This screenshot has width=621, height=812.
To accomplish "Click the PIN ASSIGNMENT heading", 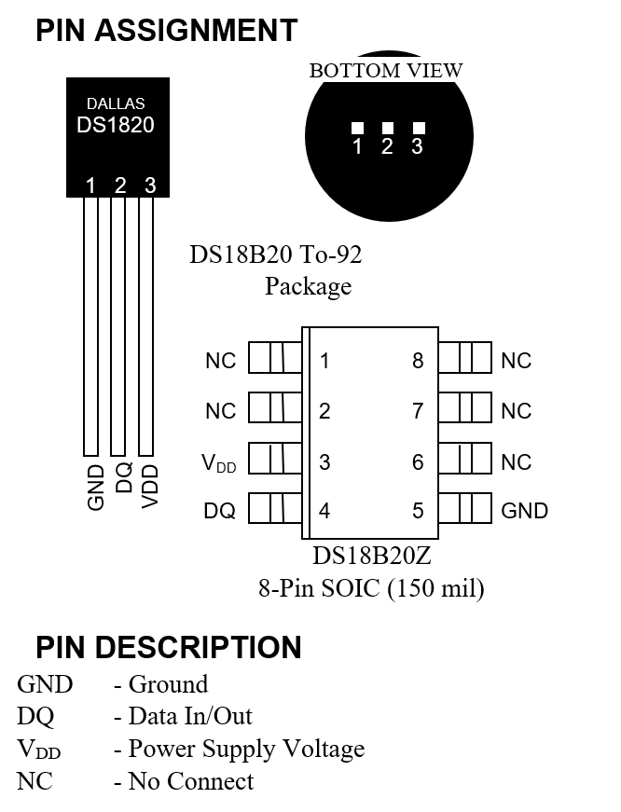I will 166,31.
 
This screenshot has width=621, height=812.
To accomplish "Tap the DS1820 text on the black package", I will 116,125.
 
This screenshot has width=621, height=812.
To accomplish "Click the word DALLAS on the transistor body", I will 116,103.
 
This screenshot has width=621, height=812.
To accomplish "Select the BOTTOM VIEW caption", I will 385,71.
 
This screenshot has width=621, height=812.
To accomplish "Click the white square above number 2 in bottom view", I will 388,128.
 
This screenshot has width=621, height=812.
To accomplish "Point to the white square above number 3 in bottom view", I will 419,127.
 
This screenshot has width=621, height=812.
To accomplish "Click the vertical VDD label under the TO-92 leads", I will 150,485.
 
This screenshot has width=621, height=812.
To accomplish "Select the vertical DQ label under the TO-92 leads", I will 123,478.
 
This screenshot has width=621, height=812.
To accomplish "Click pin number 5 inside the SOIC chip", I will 418,511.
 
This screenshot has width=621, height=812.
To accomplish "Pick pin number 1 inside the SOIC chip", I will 324,361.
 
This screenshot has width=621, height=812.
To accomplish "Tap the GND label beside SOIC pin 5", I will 525,511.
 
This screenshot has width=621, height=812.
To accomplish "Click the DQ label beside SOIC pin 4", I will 220,511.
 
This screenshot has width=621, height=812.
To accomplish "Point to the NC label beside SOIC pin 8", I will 516,361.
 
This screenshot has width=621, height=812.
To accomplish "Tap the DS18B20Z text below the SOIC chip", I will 371,557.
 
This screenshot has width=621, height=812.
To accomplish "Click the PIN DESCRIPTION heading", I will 169,648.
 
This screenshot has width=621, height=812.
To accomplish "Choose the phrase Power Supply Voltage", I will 246,749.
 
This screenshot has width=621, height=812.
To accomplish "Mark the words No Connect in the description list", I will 191,780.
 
